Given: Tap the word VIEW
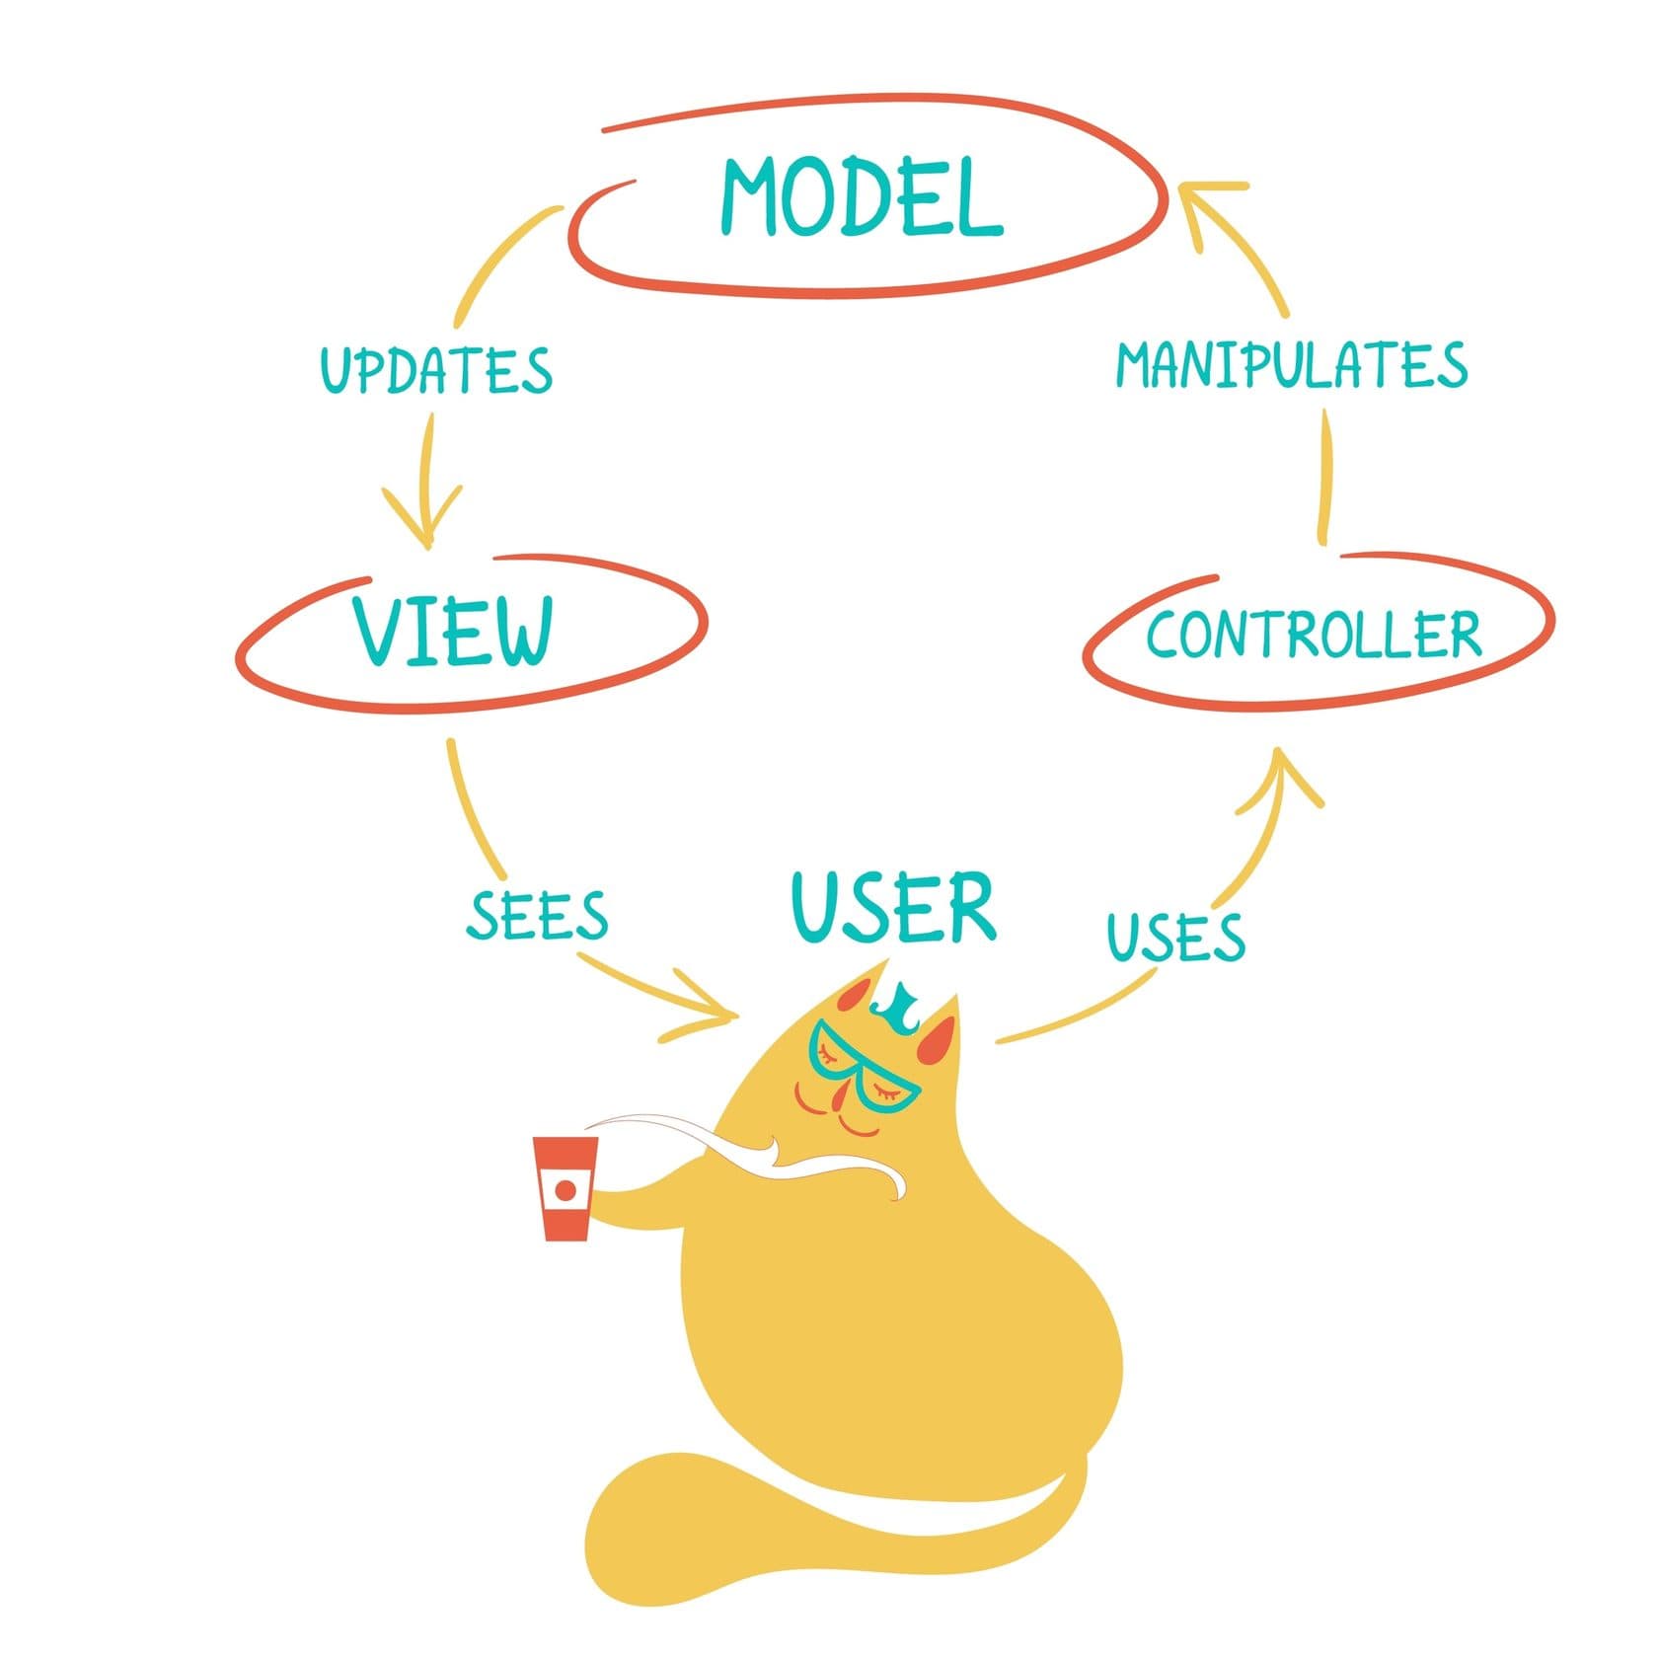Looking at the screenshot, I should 453,630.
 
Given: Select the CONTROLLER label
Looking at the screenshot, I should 1314,634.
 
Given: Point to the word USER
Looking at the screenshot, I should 894,906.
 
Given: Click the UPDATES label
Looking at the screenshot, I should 435,369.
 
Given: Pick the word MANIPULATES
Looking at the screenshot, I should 1292,364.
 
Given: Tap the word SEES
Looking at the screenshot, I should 537,915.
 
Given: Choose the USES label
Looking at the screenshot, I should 1175,937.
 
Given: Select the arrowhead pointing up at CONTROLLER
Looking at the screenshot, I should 1280,775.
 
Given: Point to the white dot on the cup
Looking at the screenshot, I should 565,1190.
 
